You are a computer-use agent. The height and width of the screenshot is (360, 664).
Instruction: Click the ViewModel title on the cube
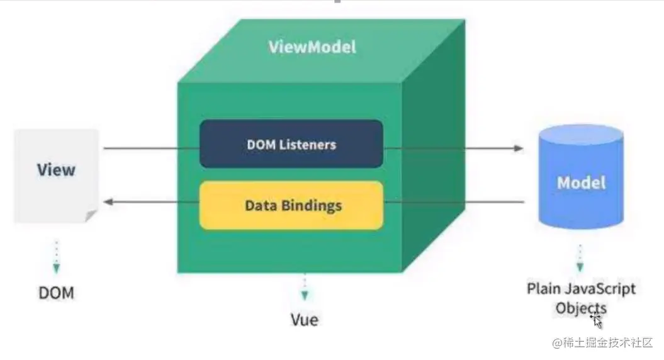[312, 47]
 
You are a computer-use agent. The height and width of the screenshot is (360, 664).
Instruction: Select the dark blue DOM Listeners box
[291, 143]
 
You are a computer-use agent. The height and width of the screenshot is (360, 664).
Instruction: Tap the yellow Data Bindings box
[291, 205]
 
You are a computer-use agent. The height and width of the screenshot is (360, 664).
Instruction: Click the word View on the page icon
[56, 170]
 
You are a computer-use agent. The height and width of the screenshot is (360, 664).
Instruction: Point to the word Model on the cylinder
[581, 183]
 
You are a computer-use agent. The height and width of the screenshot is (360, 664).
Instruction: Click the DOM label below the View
[56, 293]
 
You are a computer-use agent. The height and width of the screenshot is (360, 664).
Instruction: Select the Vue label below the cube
[305, 319]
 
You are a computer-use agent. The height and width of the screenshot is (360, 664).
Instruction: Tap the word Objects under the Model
[580, 308]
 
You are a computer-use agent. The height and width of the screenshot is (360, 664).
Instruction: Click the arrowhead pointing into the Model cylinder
[519, 149]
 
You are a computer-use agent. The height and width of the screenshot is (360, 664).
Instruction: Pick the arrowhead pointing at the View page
[108, 202]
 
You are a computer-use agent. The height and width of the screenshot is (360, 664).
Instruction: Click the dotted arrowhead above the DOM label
[56, 268]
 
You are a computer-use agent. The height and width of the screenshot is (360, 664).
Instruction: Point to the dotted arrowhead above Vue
[305, 295]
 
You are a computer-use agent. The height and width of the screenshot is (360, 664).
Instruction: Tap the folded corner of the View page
[92, 216]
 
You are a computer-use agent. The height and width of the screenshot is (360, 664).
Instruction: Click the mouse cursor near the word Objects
[596, 319]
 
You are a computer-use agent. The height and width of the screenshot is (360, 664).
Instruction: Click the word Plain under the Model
[544, 289]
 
